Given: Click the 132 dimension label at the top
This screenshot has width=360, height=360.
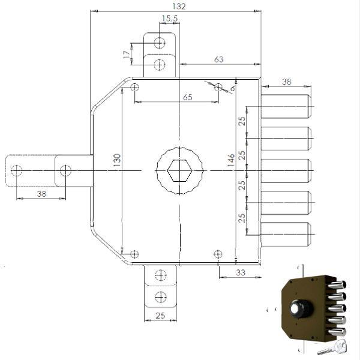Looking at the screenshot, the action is click(179, 6).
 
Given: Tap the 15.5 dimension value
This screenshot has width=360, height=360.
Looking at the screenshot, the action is click(170, 19).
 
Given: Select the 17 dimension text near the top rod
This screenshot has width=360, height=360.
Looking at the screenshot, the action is click(126, 55).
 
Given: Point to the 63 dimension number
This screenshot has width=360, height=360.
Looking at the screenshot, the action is click(219, 59).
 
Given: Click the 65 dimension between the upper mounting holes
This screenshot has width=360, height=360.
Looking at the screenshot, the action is click(188, 97).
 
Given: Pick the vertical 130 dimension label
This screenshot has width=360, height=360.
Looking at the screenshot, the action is click(117, 160).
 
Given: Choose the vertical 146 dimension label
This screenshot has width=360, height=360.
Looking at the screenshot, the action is click(231, 160).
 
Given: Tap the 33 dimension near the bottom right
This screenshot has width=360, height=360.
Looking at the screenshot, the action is click(241, 272).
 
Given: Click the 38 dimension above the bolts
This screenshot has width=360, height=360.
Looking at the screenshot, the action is click(287, 82).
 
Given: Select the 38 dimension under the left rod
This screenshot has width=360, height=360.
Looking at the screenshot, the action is click(41, 194).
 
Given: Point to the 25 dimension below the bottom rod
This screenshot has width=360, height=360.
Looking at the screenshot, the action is click(160, 316).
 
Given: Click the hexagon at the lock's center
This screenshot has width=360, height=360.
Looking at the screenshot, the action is click(179, 170).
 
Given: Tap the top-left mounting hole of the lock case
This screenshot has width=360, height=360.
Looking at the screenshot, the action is click(134, 87).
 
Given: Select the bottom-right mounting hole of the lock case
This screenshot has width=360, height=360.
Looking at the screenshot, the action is click(218, 254).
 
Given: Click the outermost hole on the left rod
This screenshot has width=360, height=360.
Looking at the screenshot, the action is click(16, 170).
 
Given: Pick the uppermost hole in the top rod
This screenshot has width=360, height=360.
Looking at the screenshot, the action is click(160, 43).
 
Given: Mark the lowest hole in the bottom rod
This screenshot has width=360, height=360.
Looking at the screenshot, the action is click(161, 297).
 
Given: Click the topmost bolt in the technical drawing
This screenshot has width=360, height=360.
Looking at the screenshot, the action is click(287, 106).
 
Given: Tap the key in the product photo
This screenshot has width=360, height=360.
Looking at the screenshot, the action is click(333, 347).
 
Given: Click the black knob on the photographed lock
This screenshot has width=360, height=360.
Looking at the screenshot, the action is click(301, 308).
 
